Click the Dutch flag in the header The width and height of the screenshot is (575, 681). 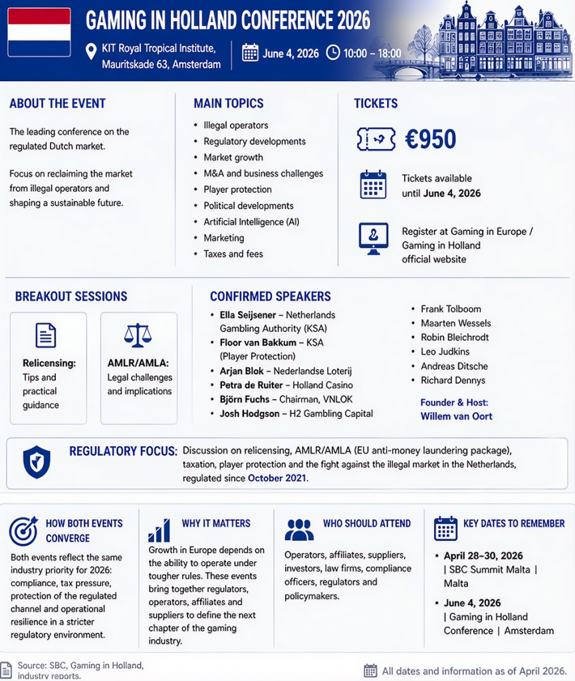pyautogui.click(x=39, y=32)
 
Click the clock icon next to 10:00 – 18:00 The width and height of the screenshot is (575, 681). pyautogui.click(x=332, y=53)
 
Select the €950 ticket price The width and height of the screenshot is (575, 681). pyautogui.click(x=430, y=139)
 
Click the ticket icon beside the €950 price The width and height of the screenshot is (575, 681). pyautogui.click(x=376, y=139)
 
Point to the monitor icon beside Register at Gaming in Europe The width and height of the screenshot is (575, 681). pyautogui.click(x=374, y=237)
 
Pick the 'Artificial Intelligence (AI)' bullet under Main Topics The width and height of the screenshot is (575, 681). pyautogui.click(x=251, y=221)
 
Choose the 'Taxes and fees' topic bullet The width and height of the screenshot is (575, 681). pyautogui.click(x=233, y=253)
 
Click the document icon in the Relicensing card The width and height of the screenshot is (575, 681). pyautogui.click(x=46, y=335)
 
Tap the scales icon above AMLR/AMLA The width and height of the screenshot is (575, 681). pyautogui.click(x=138, y=335)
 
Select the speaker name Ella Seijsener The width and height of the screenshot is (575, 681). pyautogui.click(x=247, y=315)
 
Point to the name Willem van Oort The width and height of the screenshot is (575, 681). pyautogui.click(x=456, y=416)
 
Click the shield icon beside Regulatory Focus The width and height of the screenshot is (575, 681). pyautogui.click(x=37, y=462)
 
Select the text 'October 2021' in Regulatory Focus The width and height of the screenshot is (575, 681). pyautogui.click(x=278, y=477)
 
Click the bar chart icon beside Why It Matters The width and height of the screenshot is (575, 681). pyautogui.click(x=159, y=531)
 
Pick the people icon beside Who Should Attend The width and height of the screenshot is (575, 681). pyautogui.click(x=299, y=530)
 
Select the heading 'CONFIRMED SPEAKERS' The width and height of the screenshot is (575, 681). pyautogui.click(x=270, y=297)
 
